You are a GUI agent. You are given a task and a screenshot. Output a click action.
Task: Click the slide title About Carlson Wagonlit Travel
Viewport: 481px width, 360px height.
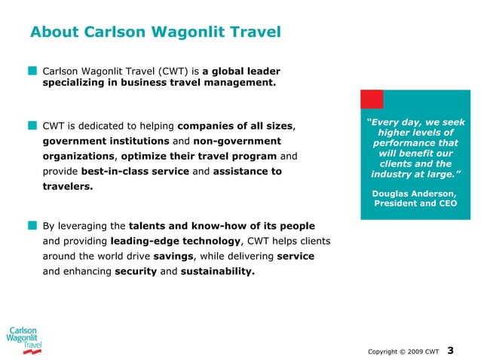point(155,32)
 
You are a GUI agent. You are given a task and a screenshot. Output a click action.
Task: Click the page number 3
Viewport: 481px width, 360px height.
point(451,349)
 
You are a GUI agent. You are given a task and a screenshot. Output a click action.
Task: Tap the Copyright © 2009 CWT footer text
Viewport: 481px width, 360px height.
point(403,351)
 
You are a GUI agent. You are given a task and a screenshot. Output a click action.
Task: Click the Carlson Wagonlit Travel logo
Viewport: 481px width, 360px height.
point(24,340)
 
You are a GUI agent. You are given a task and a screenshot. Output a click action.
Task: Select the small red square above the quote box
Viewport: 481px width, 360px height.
point(372,99)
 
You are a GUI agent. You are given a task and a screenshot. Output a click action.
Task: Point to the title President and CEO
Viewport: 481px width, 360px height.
point(415,204)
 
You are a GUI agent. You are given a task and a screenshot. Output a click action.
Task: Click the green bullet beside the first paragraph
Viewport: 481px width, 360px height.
point(32,70)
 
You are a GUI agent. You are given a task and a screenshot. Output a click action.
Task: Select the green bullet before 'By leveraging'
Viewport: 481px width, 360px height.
point(32,225)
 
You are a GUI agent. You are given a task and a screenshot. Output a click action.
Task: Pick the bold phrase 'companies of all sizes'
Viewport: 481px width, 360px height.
point(234,124)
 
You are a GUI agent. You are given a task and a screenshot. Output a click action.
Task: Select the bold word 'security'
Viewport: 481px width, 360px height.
point(135,272)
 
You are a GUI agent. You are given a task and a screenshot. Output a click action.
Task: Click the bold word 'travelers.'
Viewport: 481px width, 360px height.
point(68,187)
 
